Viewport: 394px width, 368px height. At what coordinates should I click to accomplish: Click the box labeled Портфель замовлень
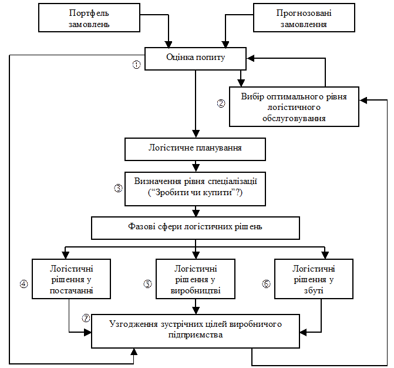click(x=89, y=18)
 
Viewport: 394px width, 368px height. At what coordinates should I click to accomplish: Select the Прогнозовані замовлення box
click(x=304, y=18)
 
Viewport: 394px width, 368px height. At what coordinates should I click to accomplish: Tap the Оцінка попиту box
click(x=195, y=58)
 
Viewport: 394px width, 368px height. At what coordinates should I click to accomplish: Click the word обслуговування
click(x=294, y=118)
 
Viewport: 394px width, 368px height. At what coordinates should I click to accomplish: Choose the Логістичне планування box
click(x=195, y=149)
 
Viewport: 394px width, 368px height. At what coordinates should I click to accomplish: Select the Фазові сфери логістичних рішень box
click(x=195, y=227)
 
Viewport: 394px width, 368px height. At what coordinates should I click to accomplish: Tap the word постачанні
click(x=71, y=290)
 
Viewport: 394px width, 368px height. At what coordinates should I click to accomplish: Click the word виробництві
click(x=195, y=290)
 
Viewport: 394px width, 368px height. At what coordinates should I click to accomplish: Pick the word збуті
click(x=314, y=290)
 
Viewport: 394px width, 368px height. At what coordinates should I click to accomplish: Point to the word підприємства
click(x=195, y=335)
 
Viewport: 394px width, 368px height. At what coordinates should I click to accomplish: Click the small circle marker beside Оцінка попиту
click(x=137, y=65)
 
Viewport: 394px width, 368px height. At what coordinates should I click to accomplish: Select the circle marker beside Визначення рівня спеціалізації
click(x=117, y=189)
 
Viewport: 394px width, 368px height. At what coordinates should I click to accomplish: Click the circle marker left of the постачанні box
click(x=23, y=285)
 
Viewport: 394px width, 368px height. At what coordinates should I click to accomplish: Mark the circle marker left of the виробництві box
click(x=147, y=285)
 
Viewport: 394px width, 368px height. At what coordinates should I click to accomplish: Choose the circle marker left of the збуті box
click(x=265, y=284)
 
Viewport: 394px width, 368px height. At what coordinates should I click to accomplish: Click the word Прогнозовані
click(x=304, y=14)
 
